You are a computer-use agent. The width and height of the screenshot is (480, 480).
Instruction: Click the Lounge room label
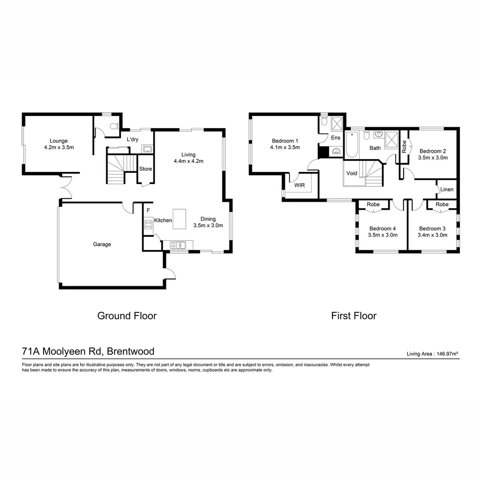click(x=59, y=141)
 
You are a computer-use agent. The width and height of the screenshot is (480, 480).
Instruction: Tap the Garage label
click(x=102, y=244)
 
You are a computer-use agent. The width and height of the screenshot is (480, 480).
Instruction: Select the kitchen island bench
click(x=180, y=219)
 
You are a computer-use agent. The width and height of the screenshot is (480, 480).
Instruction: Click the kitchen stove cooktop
click(x=148, y=224)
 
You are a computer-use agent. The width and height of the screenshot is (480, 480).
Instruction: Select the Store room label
click(x=146, y=169)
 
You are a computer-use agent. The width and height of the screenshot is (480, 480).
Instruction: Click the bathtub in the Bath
click(x=351, y=144)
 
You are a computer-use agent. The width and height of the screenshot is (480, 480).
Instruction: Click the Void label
click(x=352, y=173)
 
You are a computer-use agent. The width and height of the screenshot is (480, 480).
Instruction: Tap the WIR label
click(x=300, y=185)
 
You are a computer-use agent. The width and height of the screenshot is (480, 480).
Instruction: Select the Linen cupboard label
click(x=447, y=190)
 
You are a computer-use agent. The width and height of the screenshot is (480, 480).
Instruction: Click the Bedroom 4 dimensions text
click(x=383, y=235)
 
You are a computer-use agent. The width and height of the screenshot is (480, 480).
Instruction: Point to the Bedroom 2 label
click(x=432, y=151)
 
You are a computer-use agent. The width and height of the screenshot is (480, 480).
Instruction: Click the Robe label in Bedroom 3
click(x=442, y=204)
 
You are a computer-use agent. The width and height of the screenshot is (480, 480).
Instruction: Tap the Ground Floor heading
click(x=127, y=316)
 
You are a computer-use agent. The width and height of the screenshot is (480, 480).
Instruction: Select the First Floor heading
click(x=353, y=316)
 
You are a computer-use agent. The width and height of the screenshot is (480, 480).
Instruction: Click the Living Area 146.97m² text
click(x=432, y=354)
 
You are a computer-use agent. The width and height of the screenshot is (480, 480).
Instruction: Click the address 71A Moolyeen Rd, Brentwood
click(x=88, y=352)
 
